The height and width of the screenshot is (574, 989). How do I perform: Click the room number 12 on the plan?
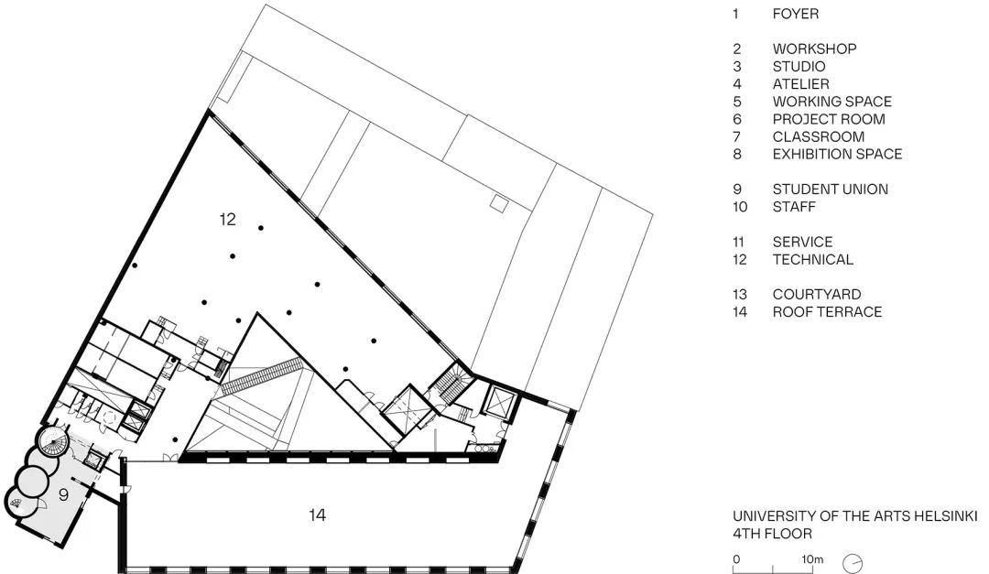228,220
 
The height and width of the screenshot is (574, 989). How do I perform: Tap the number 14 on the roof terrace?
318,515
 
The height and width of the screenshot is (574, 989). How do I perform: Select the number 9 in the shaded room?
63,495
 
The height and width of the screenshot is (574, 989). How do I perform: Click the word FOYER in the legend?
795,14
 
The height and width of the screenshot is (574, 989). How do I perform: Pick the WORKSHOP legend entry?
814,49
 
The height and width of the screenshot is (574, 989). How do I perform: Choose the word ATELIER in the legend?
800,84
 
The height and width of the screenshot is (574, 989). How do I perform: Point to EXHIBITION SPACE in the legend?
837,154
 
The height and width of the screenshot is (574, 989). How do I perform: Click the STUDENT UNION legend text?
830,190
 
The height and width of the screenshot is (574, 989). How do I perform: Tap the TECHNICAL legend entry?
812,259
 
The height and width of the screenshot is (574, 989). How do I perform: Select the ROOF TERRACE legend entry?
827,312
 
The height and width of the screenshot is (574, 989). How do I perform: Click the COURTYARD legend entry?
817,295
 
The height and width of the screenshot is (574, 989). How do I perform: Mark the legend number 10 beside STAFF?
740,207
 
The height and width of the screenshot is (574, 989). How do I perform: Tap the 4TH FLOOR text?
772,533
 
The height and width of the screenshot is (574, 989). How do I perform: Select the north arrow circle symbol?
853,561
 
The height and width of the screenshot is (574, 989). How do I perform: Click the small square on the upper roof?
499,201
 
